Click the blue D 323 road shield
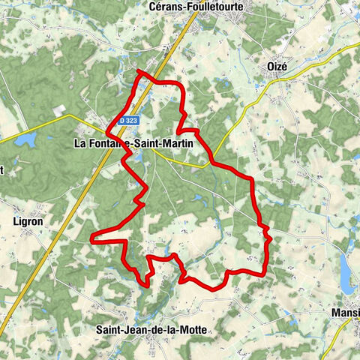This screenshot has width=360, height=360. (x=127, y=121)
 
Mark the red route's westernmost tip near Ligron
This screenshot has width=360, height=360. (x=91, y=239)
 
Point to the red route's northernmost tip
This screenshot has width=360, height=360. (x=139, y=71)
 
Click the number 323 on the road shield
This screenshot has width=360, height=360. (x=130, y=121)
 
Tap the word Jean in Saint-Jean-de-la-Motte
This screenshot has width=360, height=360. (x=136, y=329)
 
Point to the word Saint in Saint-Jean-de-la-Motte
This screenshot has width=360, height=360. (x=109, y=329)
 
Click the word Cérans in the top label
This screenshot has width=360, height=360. (x=166, y=6)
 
